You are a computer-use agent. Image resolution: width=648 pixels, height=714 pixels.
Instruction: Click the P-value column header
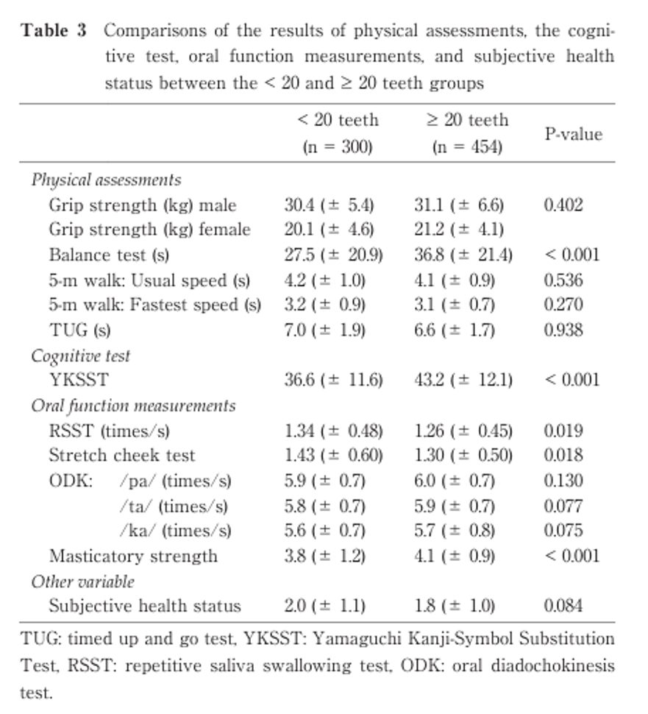pos(573,134)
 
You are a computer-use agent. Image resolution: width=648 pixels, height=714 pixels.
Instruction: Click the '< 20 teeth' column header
pos(337,120)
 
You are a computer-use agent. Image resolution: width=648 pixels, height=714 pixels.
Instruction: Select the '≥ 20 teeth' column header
pos(467,120)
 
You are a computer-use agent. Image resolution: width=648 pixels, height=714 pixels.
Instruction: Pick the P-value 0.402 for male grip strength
pos(563,205)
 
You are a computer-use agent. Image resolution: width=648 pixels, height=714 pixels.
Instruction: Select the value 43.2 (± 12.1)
pos(463,381)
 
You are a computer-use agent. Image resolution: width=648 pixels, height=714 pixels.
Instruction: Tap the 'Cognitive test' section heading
pos(80,356)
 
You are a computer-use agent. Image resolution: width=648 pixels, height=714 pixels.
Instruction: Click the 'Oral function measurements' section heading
pos(133,406)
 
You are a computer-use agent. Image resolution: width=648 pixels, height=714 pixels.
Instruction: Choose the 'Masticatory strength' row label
pos(133,556)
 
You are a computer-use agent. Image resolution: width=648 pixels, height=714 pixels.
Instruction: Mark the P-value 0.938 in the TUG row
pos(563,331)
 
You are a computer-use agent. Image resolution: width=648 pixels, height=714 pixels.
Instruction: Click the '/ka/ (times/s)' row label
pos(174,531)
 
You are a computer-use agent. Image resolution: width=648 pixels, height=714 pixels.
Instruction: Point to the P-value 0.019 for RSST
pos(563,431)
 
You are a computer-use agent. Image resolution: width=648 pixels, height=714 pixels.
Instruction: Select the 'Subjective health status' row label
pos(145,607)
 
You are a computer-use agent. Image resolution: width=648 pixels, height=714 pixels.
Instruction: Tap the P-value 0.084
pos(563,607)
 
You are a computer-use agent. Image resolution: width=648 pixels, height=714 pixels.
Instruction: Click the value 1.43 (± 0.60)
pos(333,456)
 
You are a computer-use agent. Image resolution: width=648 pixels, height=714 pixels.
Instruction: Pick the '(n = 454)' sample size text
pos(467,146)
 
